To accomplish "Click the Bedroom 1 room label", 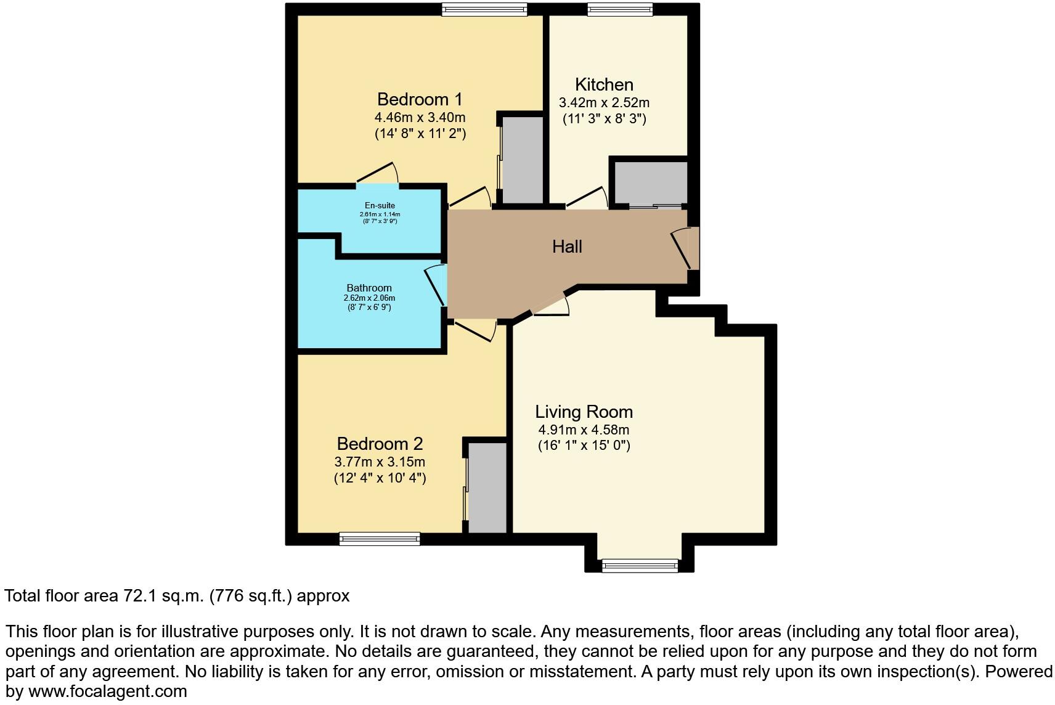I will click(420, 99).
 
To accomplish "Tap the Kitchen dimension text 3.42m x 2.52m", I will click(604, 103).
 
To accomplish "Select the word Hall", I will click(567, 247).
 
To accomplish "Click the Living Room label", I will click(584, 412).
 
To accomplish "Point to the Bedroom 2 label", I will click(380, 444).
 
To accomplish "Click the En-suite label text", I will click(380, 206).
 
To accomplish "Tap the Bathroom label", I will click(369, 288).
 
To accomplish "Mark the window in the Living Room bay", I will click(640, 564).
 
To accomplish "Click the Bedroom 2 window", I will click(380, 539).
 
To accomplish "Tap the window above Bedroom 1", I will click(484, 9).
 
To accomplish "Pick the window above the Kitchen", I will click(619, 9).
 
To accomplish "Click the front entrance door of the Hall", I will click(685, 248).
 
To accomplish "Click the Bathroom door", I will click(436, 285).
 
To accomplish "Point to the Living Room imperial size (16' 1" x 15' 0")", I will click(584, 445).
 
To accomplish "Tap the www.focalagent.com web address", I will click(108, 691).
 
